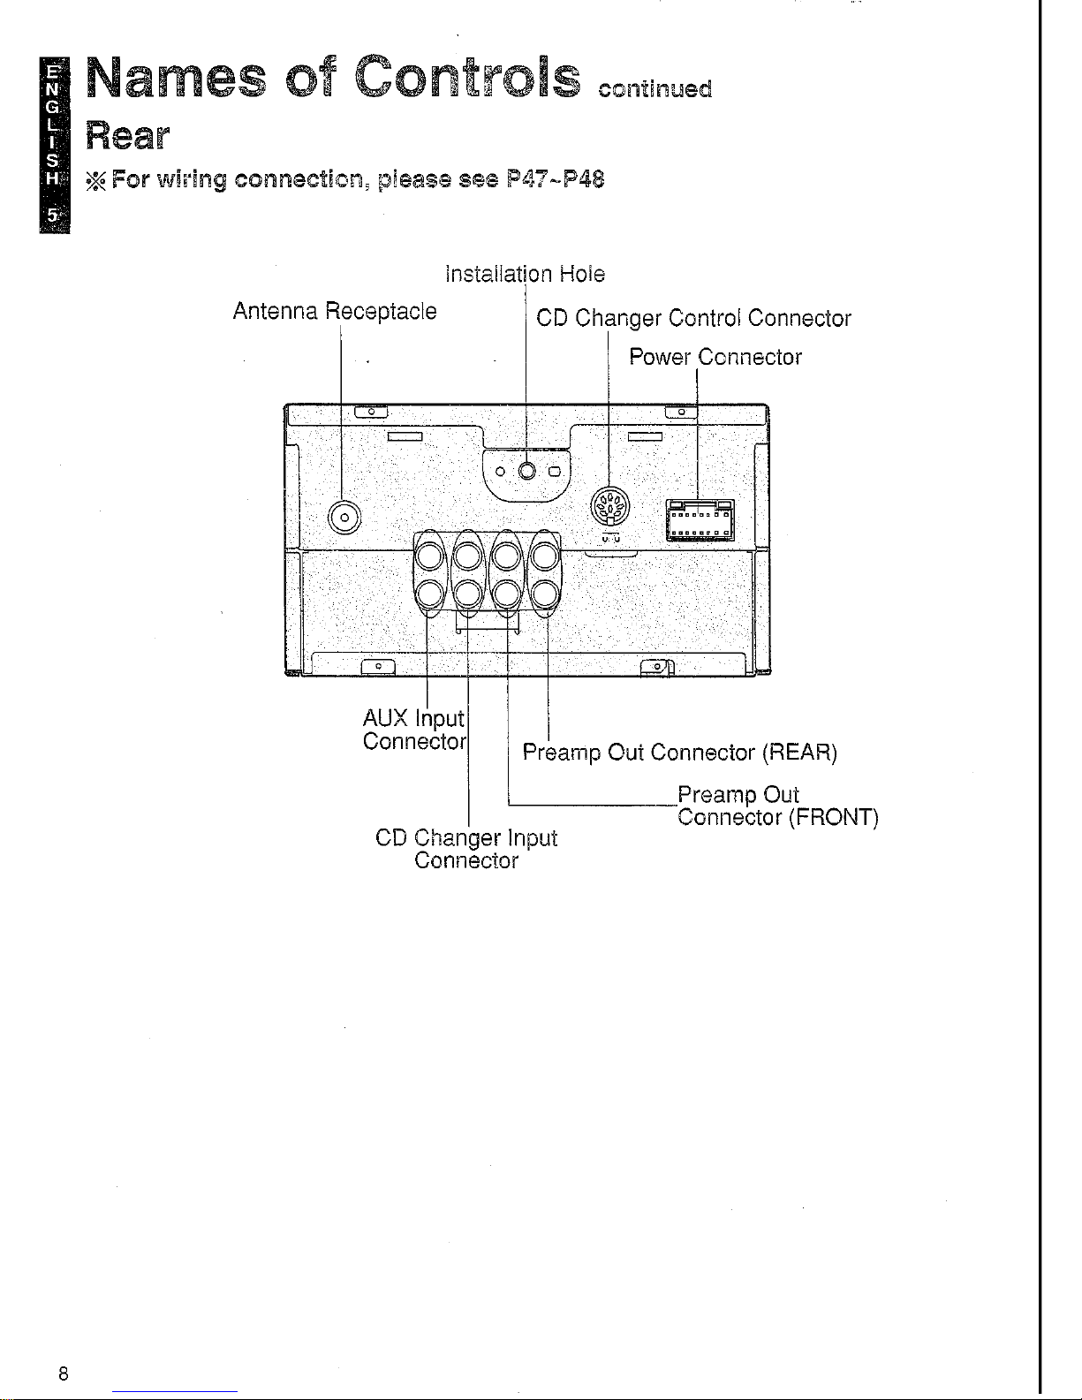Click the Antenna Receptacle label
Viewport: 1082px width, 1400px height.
coord(335,312)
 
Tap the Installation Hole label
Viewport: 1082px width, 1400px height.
coord(526,275)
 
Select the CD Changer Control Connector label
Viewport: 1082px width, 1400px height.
coord(693,319)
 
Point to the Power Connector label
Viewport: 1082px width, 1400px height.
coord(715,357)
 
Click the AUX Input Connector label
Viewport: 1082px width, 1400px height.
coord(414,730)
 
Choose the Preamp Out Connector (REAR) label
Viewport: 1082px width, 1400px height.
coord(679,753)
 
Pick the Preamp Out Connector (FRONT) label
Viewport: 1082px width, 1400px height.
coord(778,806)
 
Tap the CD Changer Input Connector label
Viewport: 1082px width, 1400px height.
coord(466,849)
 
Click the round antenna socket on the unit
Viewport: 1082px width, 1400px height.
coord(344,518)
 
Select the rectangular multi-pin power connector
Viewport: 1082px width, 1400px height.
coord(700,520)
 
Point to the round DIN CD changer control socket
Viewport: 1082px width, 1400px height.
coord(609,506)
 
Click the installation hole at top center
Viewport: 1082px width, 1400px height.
coord(526,472)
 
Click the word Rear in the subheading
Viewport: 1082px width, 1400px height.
coord(127,136)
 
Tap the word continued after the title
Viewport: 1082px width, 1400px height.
coord(655,88)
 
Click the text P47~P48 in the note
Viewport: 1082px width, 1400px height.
coord(556,179)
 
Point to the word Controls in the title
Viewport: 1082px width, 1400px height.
coord(467,77)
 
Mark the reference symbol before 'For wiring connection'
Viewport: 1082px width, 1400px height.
coord(96,180)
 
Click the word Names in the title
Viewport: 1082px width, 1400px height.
coord(176,77)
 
